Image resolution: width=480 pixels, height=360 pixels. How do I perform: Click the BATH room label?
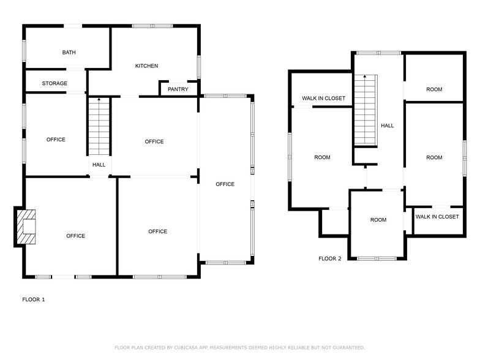point(69,53)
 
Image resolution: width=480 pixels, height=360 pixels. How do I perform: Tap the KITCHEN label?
point(147,66)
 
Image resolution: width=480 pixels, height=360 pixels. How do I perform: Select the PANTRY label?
point(178,89)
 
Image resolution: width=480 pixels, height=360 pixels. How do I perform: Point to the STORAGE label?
point(54,83)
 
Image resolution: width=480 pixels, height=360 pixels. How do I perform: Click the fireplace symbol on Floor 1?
point(26,227)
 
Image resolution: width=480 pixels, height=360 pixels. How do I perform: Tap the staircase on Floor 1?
point(99,127)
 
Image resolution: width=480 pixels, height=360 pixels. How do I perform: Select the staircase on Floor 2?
point(366,110)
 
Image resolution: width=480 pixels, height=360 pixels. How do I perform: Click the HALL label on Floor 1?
point(99,165)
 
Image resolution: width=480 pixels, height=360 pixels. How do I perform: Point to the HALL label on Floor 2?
point(387,126)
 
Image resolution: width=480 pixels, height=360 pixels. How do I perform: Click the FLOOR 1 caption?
point(33,299)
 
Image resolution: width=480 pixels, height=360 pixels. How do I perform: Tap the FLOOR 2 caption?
point(329,258)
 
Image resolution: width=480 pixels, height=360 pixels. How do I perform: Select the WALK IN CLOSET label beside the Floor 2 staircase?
point(323,98)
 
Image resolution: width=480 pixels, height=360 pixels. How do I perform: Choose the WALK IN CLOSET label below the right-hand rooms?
point(437,217)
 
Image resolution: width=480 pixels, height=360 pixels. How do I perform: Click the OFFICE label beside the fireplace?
point(76,236)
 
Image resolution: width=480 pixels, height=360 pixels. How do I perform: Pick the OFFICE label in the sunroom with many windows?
point(225,184)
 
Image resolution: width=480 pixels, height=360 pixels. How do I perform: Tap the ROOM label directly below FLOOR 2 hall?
point(378,220)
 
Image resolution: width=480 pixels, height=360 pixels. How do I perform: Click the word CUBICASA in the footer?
point(186,348)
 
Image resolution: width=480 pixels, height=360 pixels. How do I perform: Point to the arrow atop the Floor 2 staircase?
point(365,77)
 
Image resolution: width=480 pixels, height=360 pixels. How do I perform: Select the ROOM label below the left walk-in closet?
point(322,157)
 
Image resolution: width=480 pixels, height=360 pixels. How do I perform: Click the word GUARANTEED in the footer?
point(349,348)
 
